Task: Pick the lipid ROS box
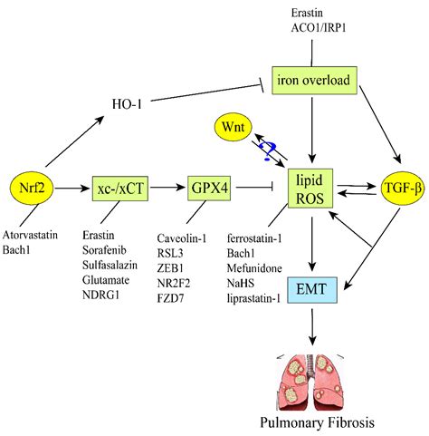point(312,189)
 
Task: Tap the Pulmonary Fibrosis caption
point(312,421)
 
